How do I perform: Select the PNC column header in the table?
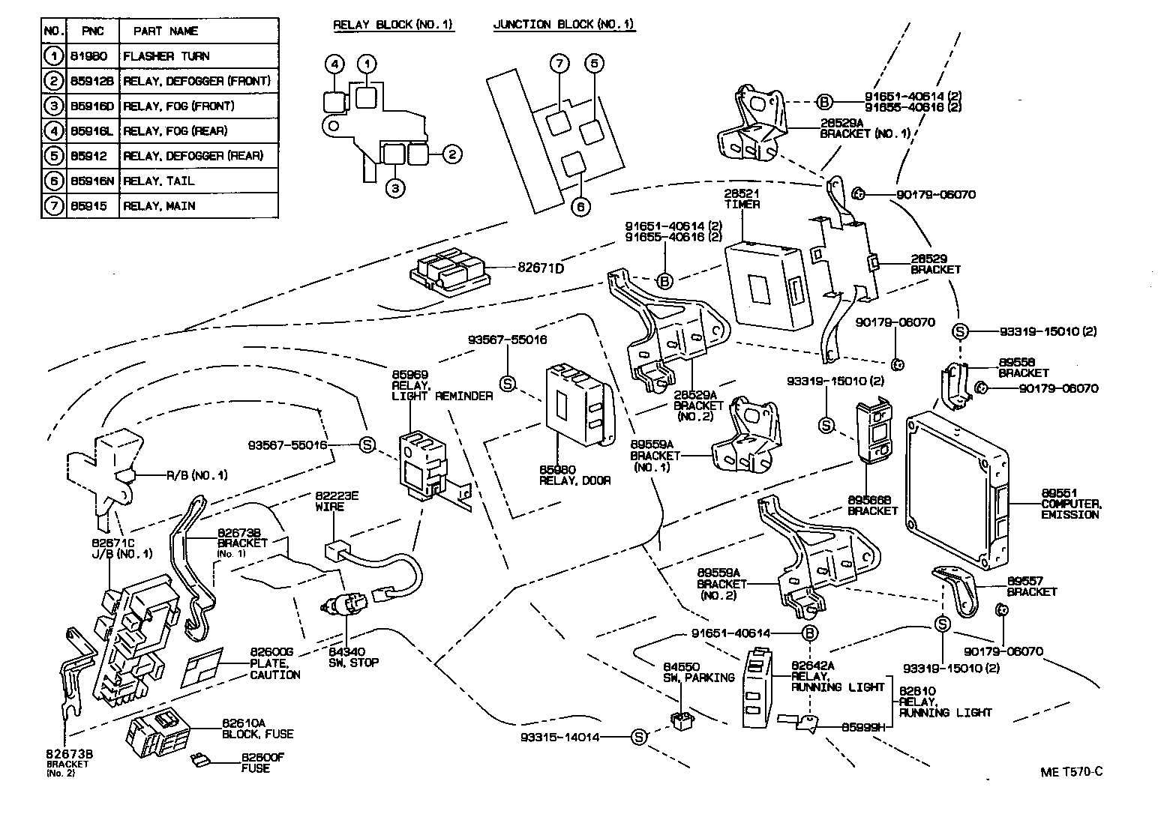click(x=92, y=31)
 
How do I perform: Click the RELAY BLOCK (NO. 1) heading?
click(x=393, y=25)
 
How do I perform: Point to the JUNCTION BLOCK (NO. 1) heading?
click(x=564, y=25)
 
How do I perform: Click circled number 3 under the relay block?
click(x=395, y=188)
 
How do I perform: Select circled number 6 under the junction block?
click(x=580, y=207)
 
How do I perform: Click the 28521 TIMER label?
click(x=742, y=199)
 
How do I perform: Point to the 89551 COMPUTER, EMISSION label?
click(x=1071, y=503)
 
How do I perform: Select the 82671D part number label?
click(x=541, y=268)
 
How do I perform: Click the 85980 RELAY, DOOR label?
click(x=574, y=475)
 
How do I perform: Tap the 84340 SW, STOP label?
click(x=353, y=657)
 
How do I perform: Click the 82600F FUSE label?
click(x=262, y=762)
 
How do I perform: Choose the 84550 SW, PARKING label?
click(x=698, y=672)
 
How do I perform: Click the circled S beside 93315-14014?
click(x=639, y=737)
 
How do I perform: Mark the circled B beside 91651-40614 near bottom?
click(x=809, y=633)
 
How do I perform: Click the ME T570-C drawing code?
click(x=1071, y=772)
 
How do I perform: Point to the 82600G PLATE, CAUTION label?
click(x=275, y=663)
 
